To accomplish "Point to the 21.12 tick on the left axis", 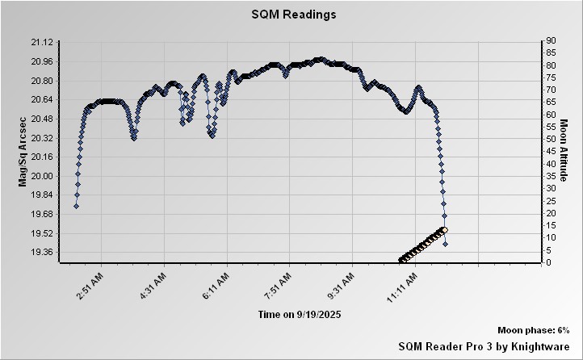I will coord(42,42).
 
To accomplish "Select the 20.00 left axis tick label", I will coord(42,176).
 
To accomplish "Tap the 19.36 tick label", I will coord(42,252).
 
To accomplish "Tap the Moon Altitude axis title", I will coord(565,151).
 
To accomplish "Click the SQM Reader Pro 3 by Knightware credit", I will coord(484,345).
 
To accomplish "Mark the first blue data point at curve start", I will coord(76,206).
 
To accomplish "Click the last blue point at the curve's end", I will coord(445,244).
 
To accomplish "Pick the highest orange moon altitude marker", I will coord(444,230).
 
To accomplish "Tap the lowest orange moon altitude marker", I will coord(401,260).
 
